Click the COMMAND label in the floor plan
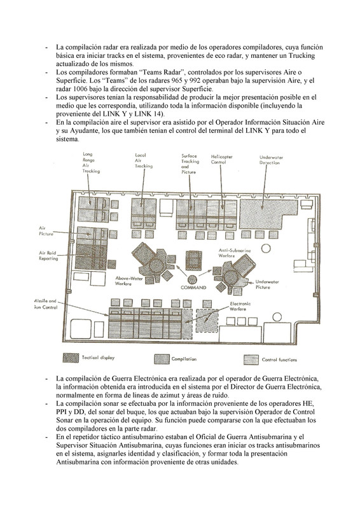tap(193, 288)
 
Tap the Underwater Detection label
tap(271, 160)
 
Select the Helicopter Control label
tap(222, 159)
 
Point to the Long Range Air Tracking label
tap(91, 163)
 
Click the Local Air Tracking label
tap(144, 161)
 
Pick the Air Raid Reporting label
tap(48, 256)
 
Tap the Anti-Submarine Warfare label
tap(234, 253)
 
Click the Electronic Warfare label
tap(240, 307)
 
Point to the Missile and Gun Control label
tap(45, 304)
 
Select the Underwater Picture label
tap(267, 284)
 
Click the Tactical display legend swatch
tap(71, 358)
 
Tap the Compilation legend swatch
tap(162, 359)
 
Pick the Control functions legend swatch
tap(251, 359)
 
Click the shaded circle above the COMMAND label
tap(192, 279)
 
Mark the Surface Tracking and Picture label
tap(190, 164)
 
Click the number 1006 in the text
tap(80, 88)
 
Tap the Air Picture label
tap(46, 231)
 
